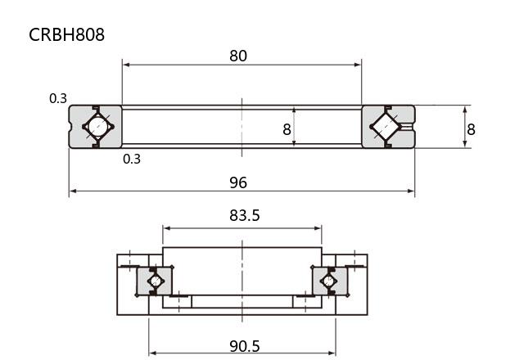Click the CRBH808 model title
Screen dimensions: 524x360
[66, 34]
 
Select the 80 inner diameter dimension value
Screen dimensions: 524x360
[238, 56]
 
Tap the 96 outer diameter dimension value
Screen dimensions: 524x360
[238, 182]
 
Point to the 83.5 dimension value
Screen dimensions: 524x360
[244, 215]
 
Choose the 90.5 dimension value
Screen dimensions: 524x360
[244, 346]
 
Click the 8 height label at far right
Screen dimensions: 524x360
[471, 129]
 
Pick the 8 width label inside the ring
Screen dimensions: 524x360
[287, 129]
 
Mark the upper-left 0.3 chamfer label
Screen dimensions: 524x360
[58, 98]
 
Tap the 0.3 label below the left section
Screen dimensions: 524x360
[132, 159]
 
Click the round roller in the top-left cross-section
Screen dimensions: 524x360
[98, 127]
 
